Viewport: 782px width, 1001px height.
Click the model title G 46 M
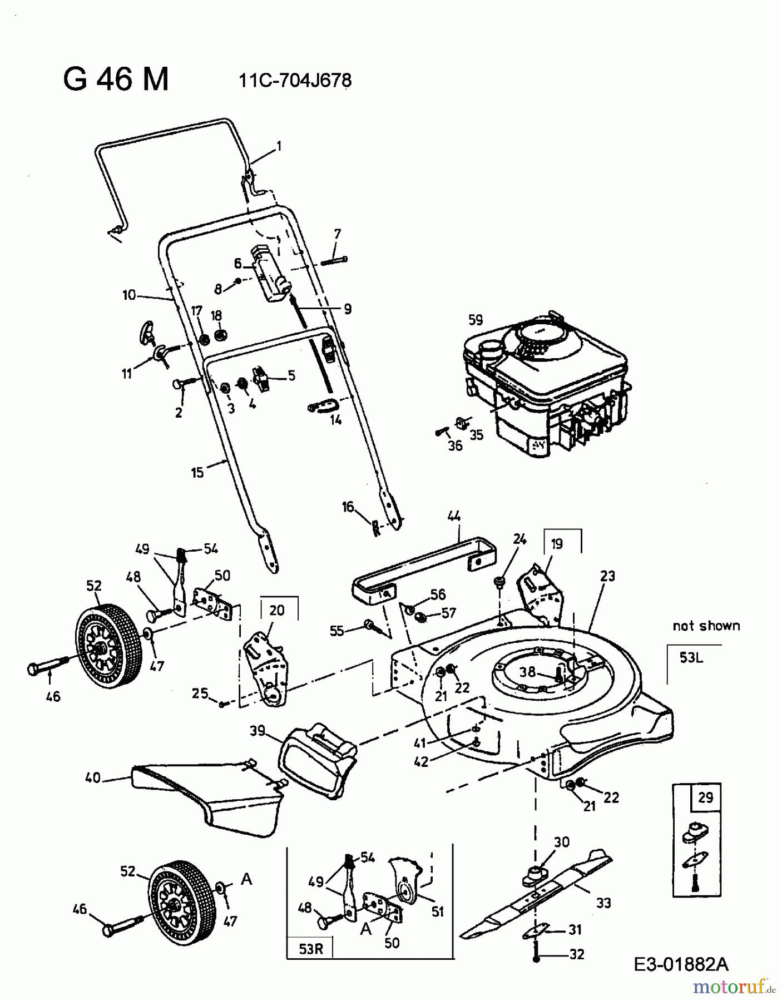[116, 80]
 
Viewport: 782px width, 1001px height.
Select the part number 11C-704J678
[295, 81]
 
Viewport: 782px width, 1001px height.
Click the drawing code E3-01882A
[681, 964]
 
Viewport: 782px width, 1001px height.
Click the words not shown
[706, 626]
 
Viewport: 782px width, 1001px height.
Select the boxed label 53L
[691, 658]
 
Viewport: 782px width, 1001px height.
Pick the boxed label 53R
[310, 949]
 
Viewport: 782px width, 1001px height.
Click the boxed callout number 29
[705, 797]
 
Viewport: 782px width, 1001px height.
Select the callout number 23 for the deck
[607, 576]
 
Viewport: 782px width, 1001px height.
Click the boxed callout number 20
[277, 610]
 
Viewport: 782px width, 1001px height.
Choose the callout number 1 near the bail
[279, 146]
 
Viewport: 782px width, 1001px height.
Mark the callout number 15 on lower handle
[197, 473]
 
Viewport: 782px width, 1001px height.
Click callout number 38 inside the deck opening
[527, 672]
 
